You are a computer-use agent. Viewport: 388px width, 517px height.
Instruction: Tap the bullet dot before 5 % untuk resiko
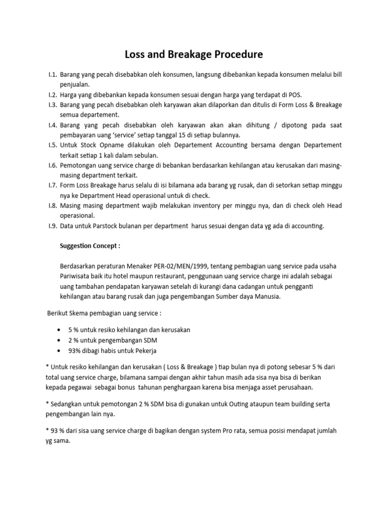point(62,330)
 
